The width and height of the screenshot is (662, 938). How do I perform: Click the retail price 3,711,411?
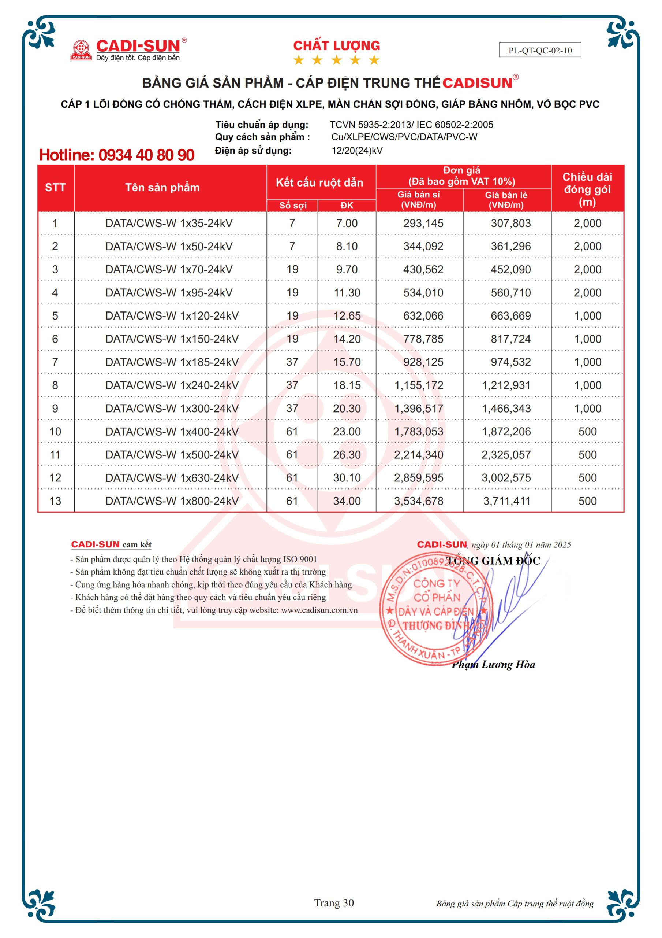pos(506,501)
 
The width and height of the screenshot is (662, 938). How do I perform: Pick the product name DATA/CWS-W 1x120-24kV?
pos(172,316)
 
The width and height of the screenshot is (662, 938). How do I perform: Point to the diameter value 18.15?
pos(347,385)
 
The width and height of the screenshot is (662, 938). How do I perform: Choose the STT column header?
pos(55,188)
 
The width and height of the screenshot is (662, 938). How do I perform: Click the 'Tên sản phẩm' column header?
pos(162,188)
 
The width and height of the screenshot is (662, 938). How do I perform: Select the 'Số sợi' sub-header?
pos(293,206)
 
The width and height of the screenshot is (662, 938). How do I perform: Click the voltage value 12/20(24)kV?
pos(357,151)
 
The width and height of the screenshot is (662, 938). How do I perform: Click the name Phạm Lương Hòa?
pos(493,664)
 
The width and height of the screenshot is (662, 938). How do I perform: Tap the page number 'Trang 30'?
pos(334,903)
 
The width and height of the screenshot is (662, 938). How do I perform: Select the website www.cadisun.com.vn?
pos(319,610)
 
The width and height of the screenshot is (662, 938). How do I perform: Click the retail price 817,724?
pos(510,339)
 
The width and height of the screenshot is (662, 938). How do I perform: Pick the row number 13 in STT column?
pos(55,501)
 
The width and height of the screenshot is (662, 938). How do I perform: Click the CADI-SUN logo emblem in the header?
pos(81,50)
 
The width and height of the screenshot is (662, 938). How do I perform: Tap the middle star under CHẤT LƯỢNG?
pos(336,60)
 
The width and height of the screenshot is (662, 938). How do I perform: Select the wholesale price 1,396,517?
pos(418,409)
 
